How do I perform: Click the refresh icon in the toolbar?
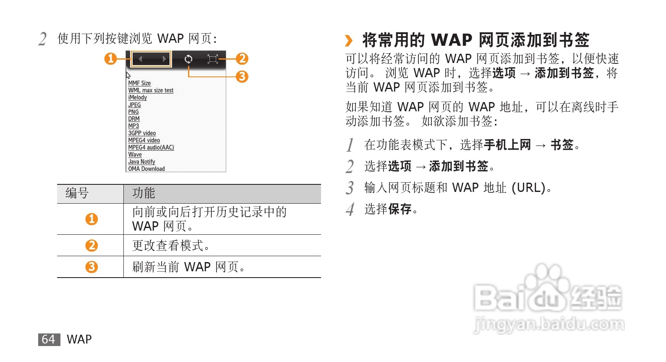pos(188,59)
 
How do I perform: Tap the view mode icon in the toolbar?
pos(213,59)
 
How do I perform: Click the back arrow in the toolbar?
pos(141,59)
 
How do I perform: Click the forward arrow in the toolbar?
pos(164,59)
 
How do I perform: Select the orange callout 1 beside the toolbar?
pos(110,58)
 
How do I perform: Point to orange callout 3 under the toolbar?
pos(242,76)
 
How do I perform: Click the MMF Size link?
pos(139,83)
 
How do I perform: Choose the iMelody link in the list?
pos(137,97)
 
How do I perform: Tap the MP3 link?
pos(133,126)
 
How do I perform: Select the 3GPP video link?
pos(142,133)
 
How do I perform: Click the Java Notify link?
pos(141,162)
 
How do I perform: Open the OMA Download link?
pos(146,169)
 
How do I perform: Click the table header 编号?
pos(77,193)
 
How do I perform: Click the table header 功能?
pos(144,193)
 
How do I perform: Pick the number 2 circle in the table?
pos(91,245)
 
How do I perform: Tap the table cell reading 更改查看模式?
pos(170,245)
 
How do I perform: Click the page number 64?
pos(48,339)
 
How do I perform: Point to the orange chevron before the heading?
pos(349,41)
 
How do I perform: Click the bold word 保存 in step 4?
pos(400,209)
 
